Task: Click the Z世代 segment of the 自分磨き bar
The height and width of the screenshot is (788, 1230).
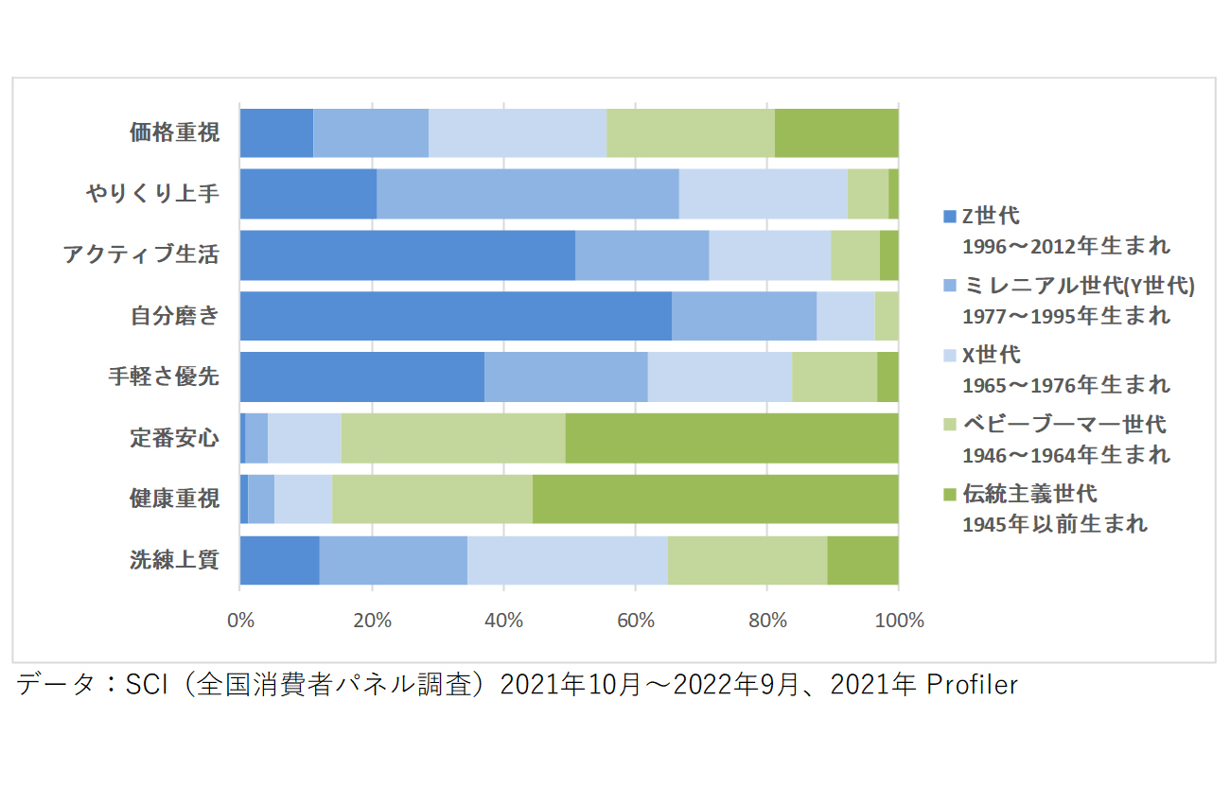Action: (455, 316)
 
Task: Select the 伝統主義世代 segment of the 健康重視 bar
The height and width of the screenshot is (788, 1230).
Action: (714, 499)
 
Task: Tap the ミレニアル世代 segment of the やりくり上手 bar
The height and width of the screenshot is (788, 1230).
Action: (527, 194)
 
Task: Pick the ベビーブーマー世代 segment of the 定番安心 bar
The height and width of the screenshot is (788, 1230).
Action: (452, 438)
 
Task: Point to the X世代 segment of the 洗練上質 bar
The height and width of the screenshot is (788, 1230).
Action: (567, 560)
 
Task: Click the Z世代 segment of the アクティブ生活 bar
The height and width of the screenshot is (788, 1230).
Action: (407, 255)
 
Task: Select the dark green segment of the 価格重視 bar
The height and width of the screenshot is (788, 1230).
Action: (835, 133)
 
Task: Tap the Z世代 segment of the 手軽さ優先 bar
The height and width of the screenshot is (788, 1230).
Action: (361, 377)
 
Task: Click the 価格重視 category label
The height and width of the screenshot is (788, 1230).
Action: (174, 133)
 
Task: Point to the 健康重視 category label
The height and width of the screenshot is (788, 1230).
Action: (174, 499)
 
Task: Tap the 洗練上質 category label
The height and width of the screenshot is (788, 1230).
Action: (174, 560)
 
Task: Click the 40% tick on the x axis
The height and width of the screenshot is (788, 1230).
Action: (503, 621)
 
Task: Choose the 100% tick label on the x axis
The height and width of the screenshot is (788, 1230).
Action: (898, 621)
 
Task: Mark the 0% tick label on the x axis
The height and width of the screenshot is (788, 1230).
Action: (240, 621)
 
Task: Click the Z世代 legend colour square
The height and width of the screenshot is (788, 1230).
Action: (950, 217)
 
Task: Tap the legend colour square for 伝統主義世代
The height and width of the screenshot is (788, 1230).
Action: (950, 494)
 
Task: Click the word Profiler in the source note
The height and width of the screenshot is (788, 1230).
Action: (971, 685)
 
